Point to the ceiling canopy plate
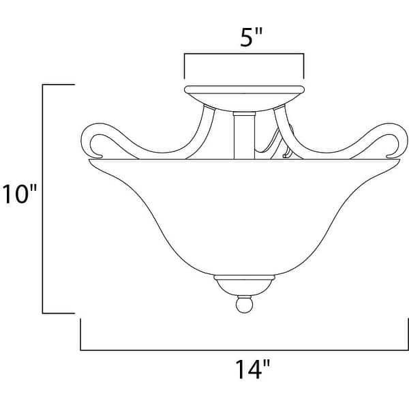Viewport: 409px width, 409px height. [x=243, y=93]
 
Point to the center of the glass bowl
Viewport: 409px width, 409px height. [x=243, y=218]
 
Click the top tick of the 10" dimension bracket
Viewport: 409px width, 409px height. [x=59, y=85]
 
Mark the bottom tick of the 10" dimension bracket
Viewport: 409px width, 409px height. [x=59, y=313]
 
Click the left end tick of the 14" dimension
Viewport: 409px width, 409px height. [x=81, y=334]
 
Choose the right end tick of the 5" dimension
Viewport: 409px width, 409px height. [x=303, y=66]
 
